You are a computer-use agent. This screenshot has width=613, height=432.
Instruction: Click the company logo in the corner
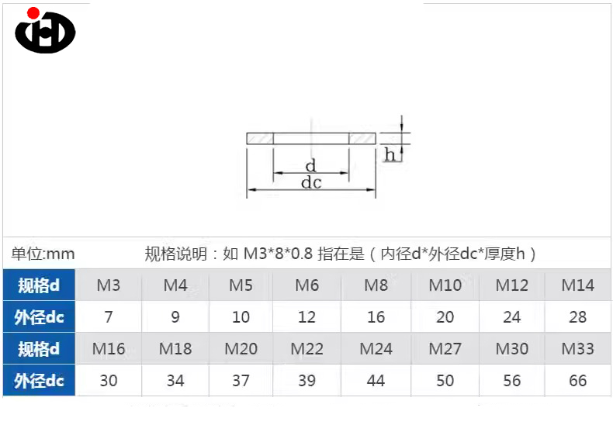(45, 30)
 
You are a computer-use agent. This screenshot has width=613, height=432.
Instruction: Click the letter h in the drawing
(390, 154)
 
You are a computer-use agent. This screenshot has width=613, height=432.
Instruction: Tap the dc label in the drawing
(311, 182)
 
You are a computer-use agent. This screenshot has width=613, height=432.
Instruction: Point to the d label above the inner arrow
(311, 166)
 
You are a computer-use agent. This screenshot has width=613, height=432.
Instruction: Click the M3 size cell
(109, 285)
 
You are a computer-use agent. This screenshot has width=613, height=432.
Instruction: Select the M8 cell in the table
(376, 285)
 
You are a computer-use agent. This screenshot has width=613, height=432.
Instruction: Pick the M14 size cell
(577, 285)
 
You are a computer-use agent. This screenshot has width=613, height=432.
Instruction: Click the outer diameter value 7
(109, 316)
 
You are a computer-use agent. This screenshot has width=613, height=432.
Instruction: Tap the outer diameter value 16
(376, 316)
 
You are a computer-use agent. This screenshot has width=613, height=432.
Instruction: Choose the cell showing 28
(577, 316)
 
